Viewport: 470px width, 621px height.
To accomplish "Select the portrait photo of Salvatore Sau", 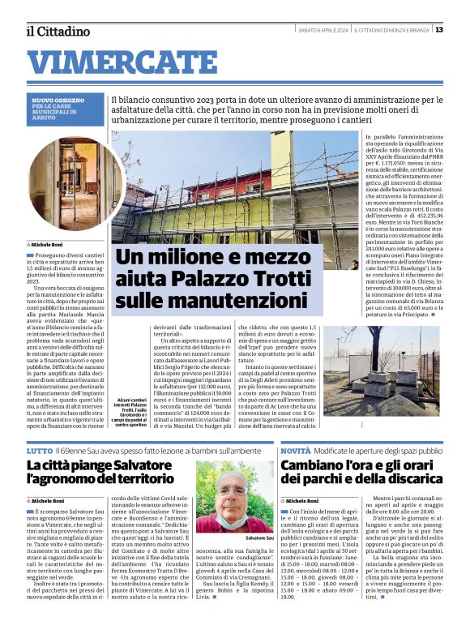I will coord(235,497).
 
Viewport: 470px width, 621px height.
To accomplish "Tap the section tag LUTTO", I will coord(39,450).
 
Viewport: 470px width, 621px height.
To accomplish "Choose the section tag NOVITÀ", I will coord(296,450).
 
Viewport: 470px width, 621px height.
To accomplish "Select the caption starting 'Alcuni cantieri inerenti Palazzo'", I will coord(122,412).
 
